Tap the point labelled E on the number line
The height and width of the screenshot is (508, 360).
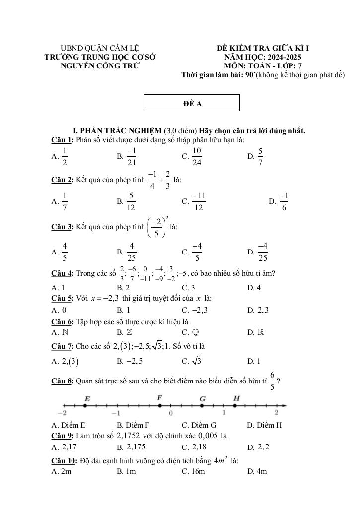85,405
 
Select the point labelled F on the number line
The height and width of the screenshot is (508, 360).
159,405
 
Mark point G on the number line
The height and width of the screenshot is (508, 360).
202,405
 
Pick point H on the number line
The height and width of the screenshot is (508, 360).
236,405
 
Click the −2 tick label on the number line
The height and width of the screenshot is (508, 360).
62,413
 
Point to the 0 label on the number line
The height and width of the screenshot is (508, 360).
171,413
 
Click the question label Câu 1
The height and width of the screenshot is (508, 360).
62,140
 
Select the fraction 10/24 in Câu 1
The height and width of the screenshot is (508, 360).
197,156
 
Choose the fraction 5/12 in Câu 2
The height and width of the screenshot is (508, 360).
131,201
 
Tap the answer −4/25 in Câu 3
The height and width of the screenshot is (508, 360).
263,252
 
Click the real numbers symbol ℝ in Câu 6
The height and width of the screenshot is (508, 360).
261,332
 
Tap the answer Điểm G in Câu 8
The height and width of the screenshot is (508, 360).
199,425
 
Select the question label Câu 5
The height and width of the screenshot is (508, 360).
62,298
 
